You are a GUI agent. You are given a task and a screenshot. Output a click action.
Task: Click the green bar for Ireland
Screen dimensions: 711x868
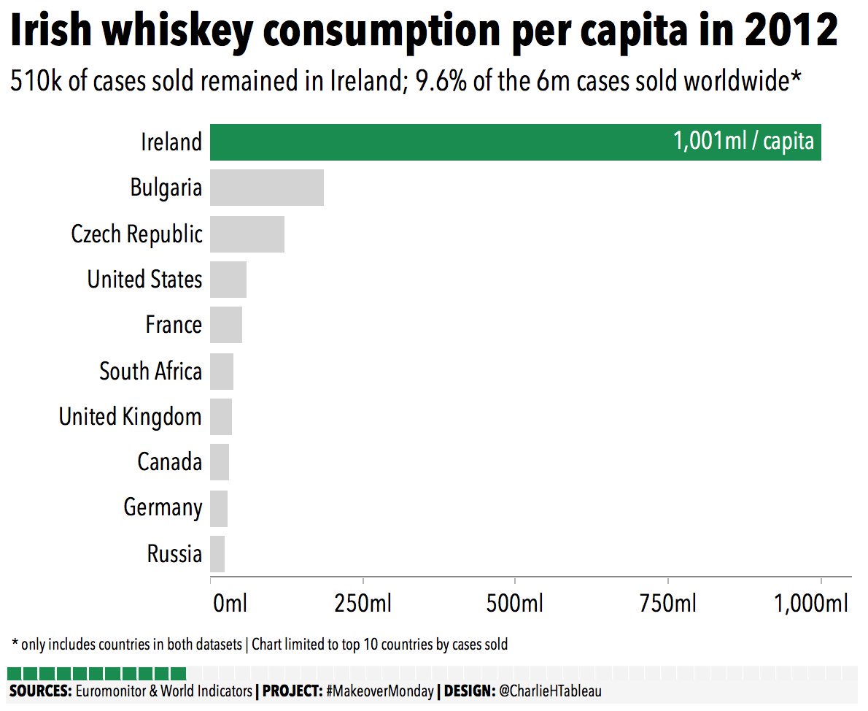click(x=438, y=142)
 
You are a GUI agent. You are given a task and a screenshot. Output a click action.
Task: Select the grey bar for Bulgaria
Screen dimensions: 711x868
click(x=267, y=188)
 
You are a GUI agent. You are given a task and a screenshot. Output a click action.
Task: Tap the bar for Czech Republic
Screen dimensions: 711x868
click(x=247, y=234)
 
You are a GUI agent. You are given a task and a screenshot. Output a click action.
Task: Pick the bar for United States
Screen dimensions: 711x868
click(x=228, y=280)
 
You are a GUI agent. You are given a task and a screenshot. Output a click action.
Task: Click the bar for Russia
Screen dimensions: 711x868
click(x=217, y=554)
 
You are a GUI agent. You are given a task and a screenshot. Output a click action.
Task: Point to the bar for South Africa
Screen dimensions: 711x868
click(x=222, y=372)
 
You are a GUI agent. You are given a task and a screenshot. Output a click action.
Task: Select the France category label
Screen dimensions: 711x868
click(x=174, y=325)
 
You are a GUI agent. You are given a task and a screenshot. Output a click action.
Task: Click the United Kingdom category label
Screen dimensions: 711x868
click(x=131, y=417)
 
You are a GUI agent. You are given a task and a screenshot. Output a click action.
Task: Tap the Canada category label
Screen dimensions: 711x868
click(x=169, y=462)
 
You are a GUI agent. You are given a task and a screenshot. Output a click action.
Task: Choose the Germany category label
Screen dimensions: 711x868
click(x=163, y=507)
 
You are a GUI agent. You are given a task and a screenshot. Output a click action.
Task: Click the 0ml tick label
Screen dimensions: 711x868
click(x=230, y=604)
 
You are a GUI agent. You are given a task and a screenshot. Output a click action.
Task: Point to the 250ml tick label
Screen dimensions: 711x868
click(x=363, y=604)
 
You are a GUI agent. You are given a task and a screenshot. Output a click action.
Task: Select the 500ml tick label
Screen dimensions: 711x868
click(x=515, y=604)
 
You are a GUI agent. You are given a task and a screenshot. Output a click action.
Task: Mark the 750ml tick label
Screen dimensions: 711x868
click(x=667, y=604)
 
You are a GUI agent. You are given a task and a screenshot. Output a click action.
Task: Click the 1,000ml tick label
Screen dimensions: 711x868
click(x=810, y=604)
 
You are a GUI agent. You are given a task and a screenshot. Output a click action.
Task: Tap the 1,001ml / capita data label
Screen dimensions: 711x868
click(x=743, y=142)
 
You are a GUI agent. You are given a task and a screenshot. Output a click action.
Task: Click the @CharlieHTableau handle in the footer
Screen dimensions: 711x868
click(x=550, y=691)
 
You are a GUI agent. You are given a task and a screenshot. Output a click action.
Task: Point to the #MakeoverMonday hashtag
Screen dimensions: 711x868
click(x=379, y=691)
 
